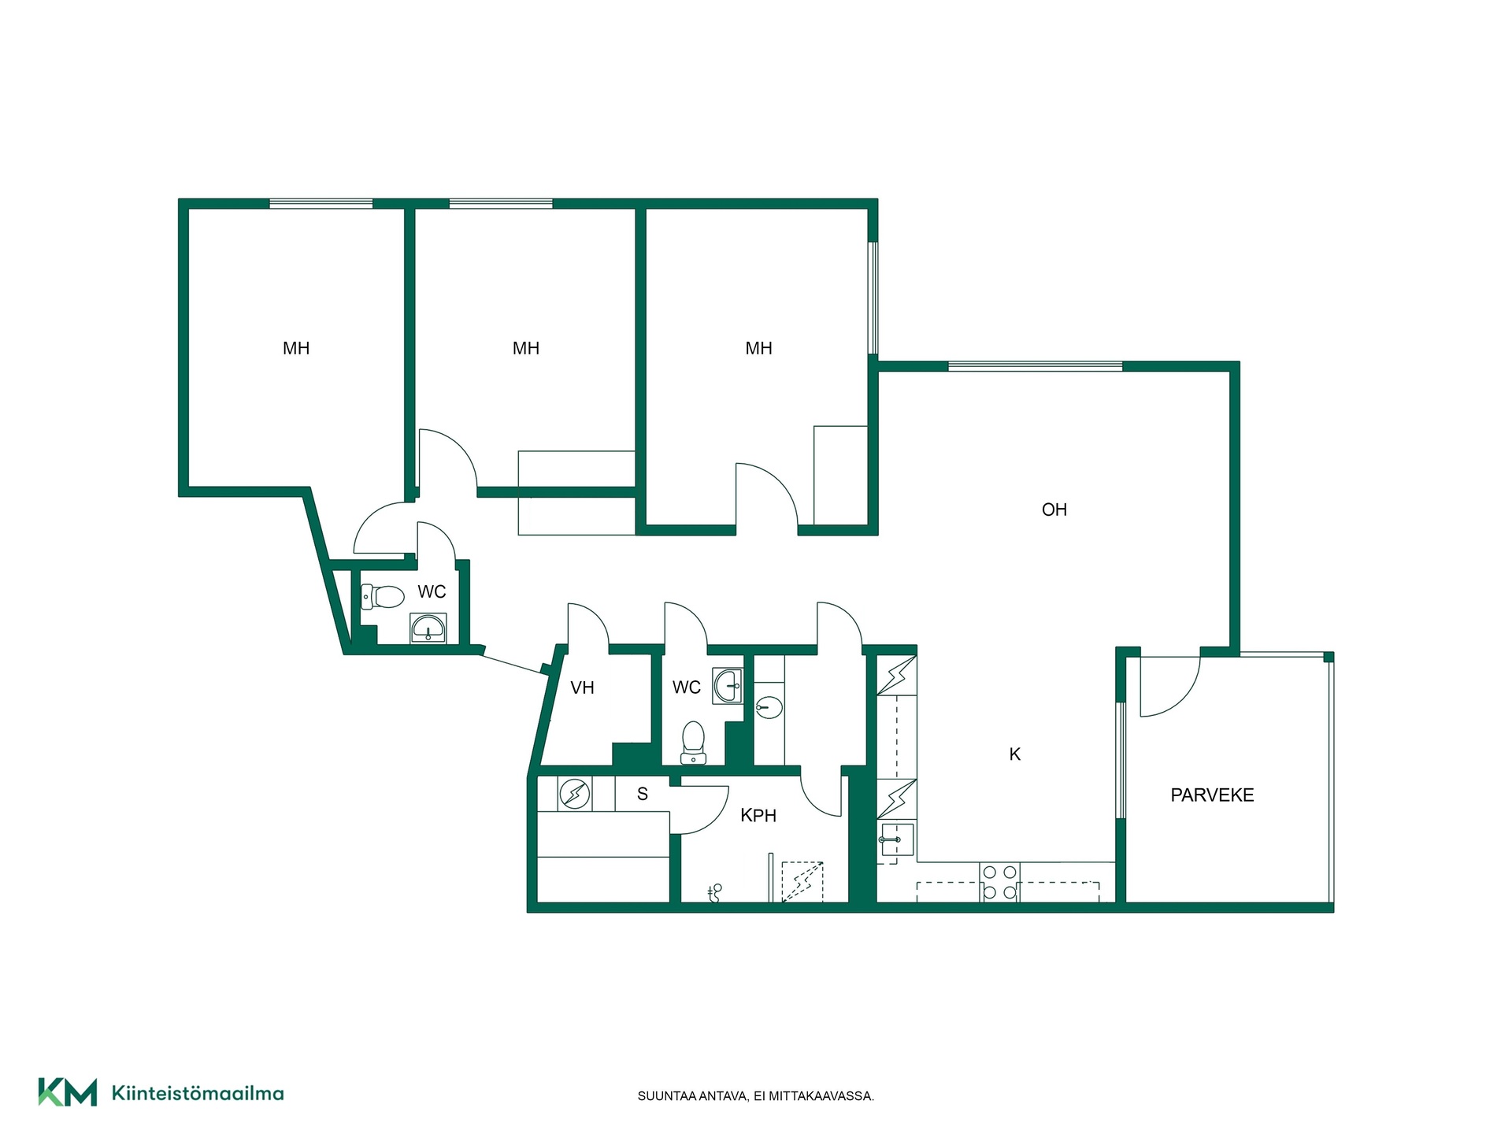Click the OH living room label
tap(1054, 510)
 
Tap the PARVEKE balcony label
tap(1212, 795)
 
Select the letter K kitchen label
tap(1014, 754)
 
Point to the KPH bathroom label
tap(758, 816)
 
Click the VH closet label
tap(582, 687)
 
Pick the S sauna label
tap(643, 794)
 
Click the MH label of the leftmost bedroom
tap(296, 348)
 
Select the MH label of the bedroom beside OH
tap(759, 348)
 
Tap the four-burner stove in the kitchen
tap(999, 882)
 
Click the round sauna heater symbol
tap(574, 794)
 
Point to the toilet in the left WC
tap(383, 596)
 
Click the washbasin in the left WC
tap(428, 628)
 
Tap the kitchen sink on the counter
tap(895, 840)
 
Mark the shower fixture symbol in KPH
tap(714, 892)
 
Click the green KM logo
tap(68, 1092)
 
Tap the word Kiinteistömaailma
tap(198, 1093)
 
